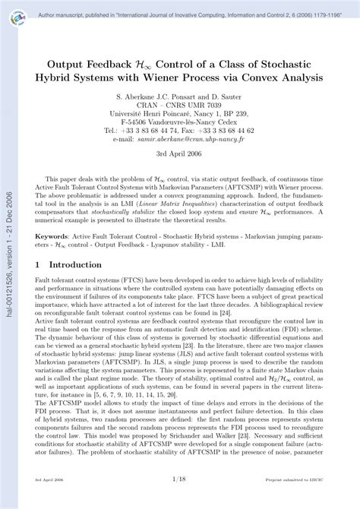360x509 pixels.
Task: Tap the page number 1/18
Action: click(179, 501)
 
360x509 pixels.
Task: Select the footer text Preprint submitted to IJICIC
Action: click(293, 501)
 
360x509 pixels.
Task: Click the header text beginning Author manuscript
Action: click(179, 12)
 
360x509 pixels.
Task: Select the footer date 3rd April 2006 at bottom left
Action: click(49, 501)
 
